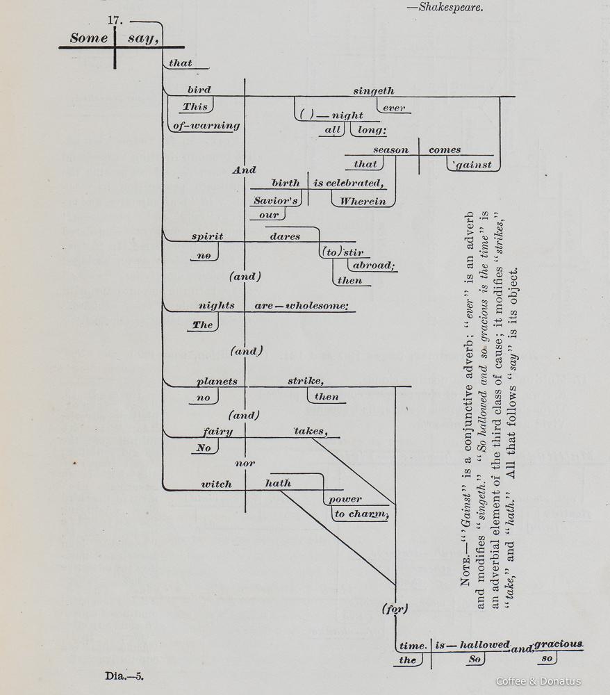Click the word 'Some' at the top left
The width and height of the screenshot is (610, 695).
[x=88, y=38]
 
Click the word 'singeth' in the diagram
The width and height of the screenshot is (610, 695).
[x=373, y=90]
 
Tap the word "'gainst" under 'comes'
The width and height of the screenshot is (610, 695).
[x=471, y=165]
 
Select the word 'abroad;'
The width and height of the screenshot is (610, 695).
[x=373, y=265]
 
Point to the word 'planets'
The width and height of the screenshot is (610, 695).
[x=217, y=381]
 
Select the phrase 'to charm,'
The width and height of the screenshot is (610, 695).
[x=360, y=514]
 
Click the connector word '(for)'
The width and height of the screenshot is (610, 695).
[x=395, y=608]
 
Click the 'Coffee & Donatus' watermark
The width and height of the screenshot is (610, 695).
[x=538, y=681]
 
